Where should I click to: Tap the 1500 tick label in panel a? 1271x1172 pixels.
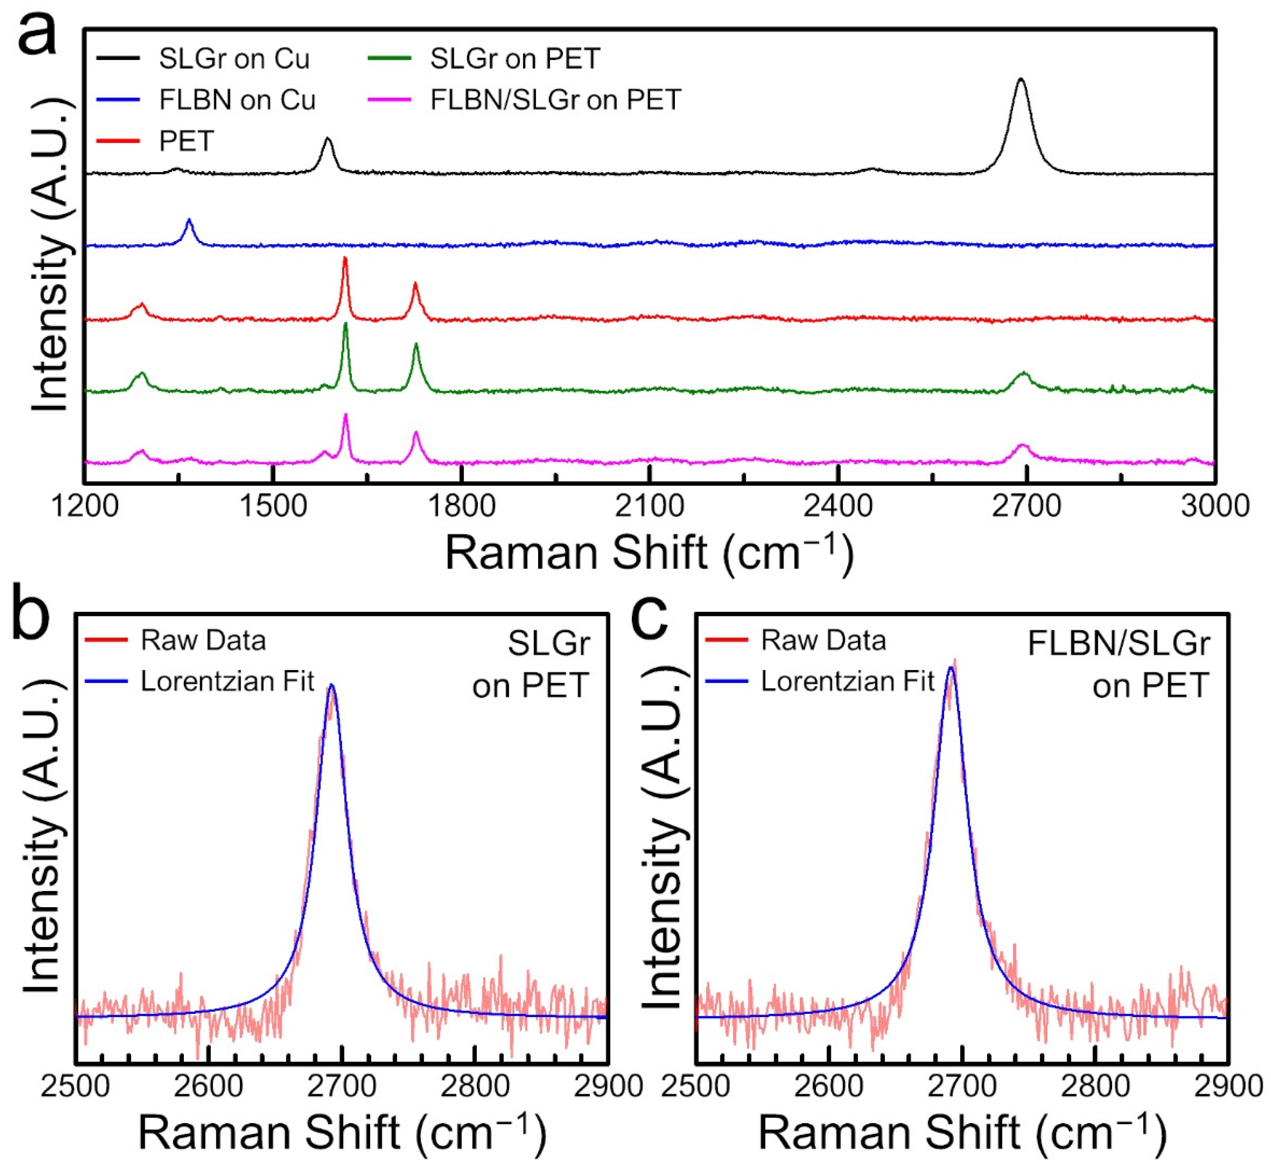coord(273,506)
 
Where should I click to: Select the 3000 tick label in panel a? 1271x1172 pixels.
coord(1214,506)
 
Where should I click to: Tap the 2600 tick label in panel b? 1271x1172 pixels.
coord(209,1086)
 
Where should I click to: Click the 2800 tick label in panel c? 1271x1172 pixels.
coord(1095,1086)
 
